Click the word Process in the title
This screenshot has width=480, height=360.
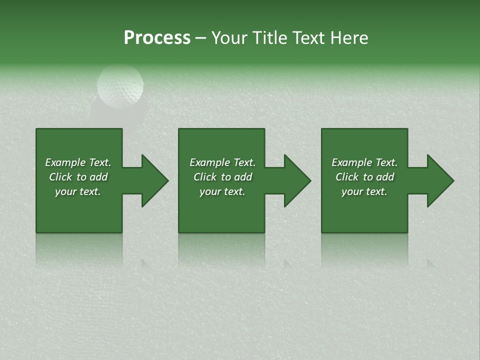click(157, 38)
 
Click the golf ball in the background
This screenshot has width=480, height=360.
click(120, 85)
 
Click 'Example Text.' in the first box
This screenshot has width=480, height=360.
click(78, 162)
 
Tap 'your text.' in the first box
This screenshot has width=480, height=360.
click(78, 191)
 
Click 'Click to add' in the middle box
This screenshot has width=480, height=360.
click(222, 177)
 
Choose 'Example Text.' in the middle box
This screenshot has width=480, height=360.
click(222, 162)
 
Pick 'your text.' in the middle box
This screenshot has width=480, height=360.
click(222, 191)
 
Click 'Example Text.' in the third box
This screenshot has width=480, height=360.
click(364, 162)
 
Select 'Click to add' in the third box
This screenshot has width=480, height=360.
click(364, 177)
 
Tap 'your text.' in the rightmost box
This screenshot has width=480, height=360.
click(364, 191)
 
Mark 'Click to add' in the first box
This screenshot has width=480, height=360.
click(78, 177)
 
